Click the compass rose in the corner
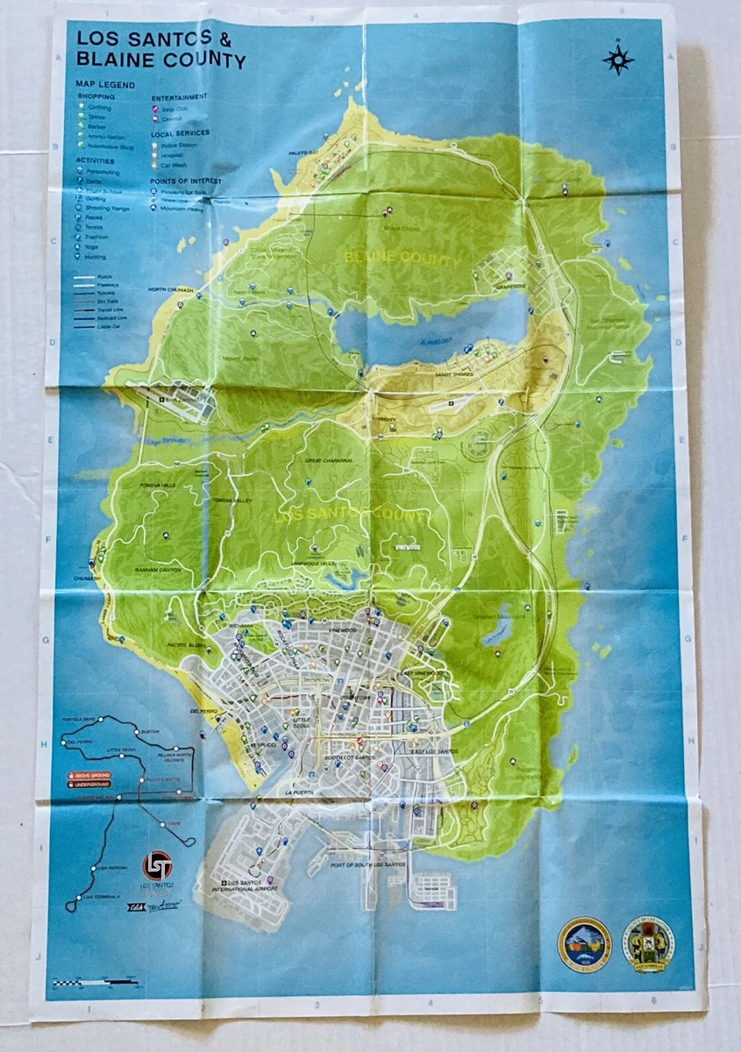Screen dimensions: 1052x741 (618, 60)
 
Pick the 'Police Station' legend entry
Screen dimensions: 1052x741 (178, 145)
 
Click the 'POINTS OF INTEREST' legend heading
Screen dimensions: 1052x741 (186, 181)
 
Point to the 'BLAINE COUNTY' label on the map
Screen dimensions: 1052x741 (402, 259)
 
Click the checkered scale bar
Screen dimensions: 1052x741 (94, 983)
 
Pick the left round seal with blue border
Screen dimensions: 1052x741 (584, 943)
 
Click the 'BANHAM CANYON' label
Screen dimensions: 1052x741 (159, 569)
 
